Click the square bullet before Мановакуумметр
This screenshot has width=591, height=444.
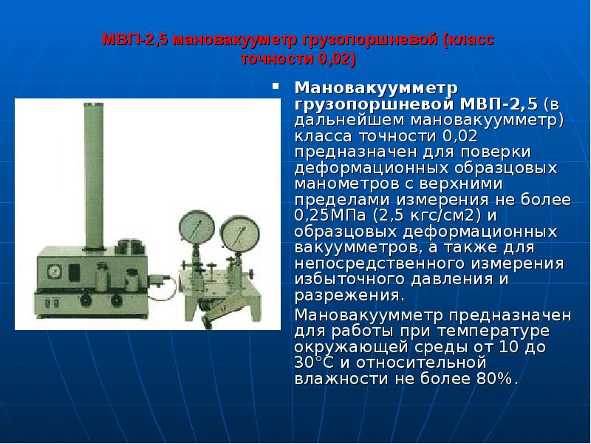(275, 87)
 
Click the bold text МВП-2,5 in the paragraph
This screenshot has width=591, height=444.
(502, 104)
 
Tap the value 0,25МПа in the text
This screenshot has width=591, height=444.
(331, 216)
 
